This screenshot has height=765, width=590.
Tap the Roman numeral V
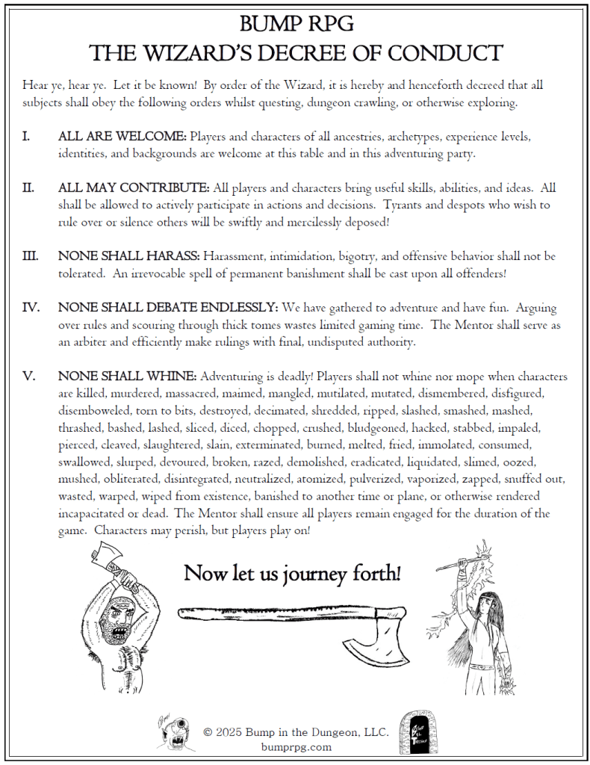coord(29,377)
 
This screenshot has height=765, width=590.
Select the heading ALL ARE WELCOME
coord(122,137)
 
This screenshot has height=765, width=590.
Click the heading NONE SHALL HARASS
coord(128,256)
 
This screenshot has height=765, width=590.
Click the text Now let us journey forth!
coord(292,574)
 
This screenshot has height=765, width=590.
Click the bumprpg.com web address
coord(296,746)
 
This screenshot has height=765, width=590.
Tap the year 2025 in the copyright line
coord(233,733)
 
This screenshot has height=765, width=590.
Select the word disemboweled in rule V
coord(94,411)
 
